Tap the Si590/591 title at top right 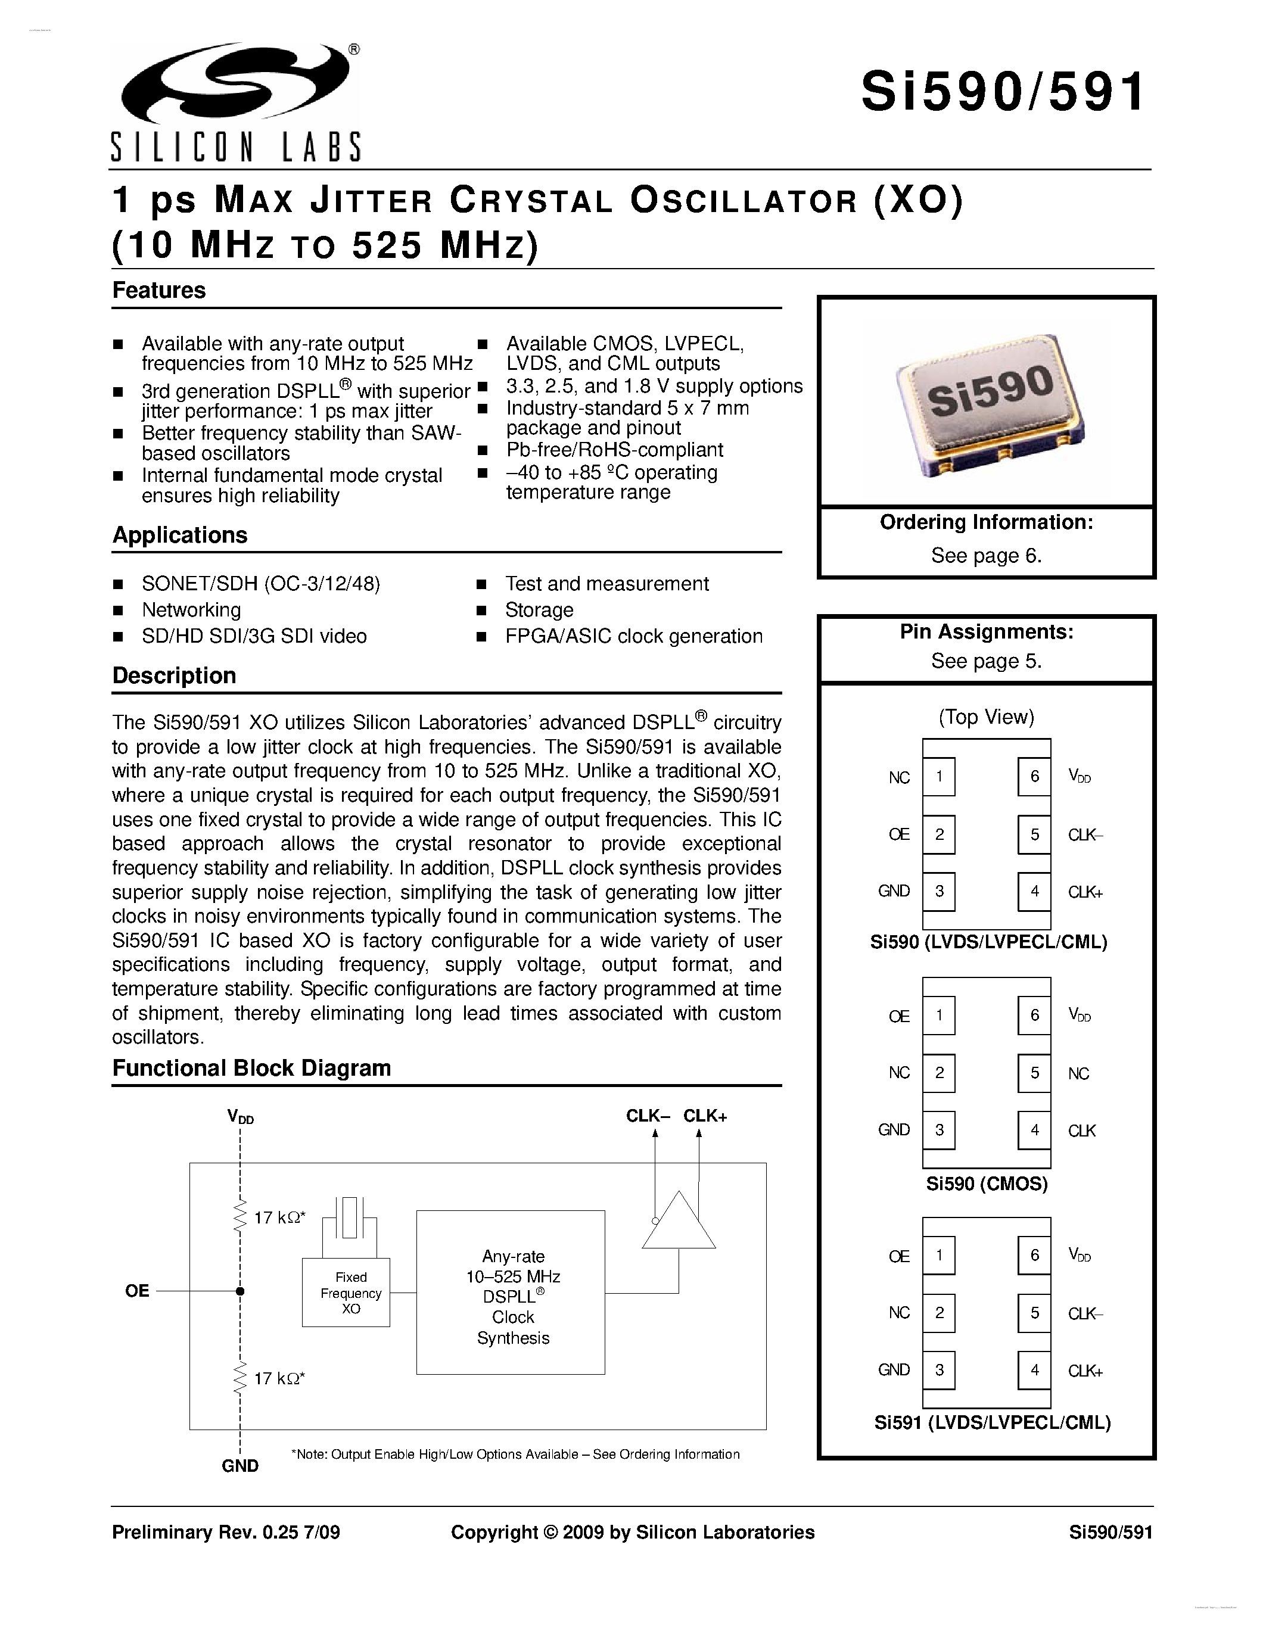1003,92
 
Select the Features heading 159,290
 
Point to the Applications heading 180,535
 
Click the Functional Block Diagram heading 251,1068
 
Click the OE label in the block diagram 137,1290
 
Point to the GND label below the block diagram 240,1465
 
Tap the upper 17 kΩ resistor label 279,1217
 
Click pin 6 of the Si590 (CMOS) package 1034,1015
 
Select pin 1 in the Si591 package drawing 939,1255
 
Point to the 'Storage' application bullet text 539,610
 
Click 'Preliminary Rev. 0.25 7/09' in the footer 226,1531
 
